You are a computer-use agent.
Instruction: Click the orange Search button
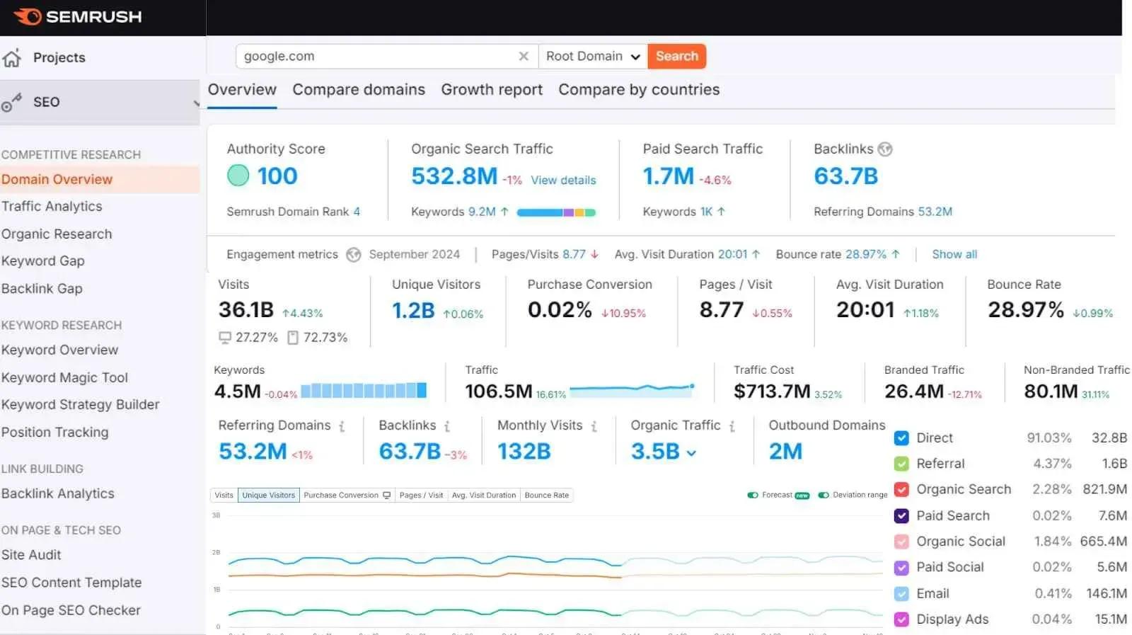coord(676,56)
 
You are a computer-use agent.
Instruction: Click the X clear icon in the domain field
coord(524,56)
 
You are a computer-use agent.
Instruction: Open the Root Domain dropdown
coord(593,56)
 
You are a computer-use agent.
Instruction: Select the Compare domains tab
coord(359,90)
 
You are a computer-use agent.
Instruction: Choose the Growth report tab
coord(492,90)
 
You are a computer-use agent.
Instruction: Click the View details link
coord(563,181)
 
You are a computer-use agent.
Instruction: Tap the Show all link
coord(954,254)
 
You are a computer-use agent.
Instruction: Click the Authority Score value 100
coord(277,176)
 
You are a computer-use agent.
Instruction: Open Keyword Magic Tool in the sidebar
coord(64,377)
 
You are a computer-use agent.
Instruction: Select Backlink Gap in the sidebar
coord(42,288)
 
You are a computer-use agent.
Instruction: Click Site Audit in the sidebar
coord(31,555)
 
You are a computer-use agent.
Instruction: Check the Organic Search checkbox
coord(901,489)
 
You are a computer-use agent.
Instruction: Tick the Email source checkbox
coord(901,593)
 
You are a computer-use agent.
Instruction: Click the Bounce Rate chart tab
coord(546,495)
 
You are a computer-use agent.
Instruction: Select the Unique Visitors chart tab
coord(268,495)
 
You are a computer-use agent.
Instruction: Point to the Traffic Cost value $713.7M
coord(771,391)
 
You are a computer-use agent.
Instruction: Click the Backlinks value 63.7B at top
coord(845,176)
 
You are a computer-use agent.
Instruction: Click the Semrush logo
coord(78,16)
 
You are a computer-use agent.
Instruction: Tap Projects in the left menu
coord(59,57)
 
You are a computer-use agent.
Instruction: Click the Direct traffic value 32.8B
coord(1109,437)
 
